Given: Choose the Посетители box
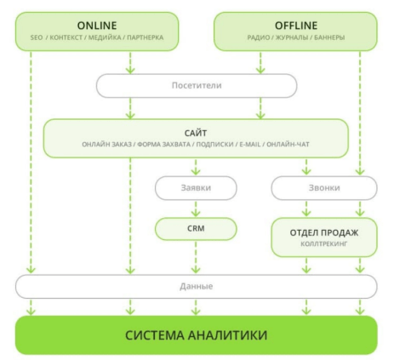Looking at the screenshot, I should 197,85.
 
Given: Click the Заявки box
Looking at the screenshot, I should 197,186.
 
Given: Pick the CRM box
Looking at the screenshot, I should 197,228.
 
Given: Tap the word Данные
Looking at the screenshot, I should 197,286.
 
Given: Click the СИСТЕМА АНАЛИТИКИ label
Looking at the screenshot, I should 197,334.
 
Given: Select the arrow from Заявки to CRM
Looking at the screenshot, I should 197,207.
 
